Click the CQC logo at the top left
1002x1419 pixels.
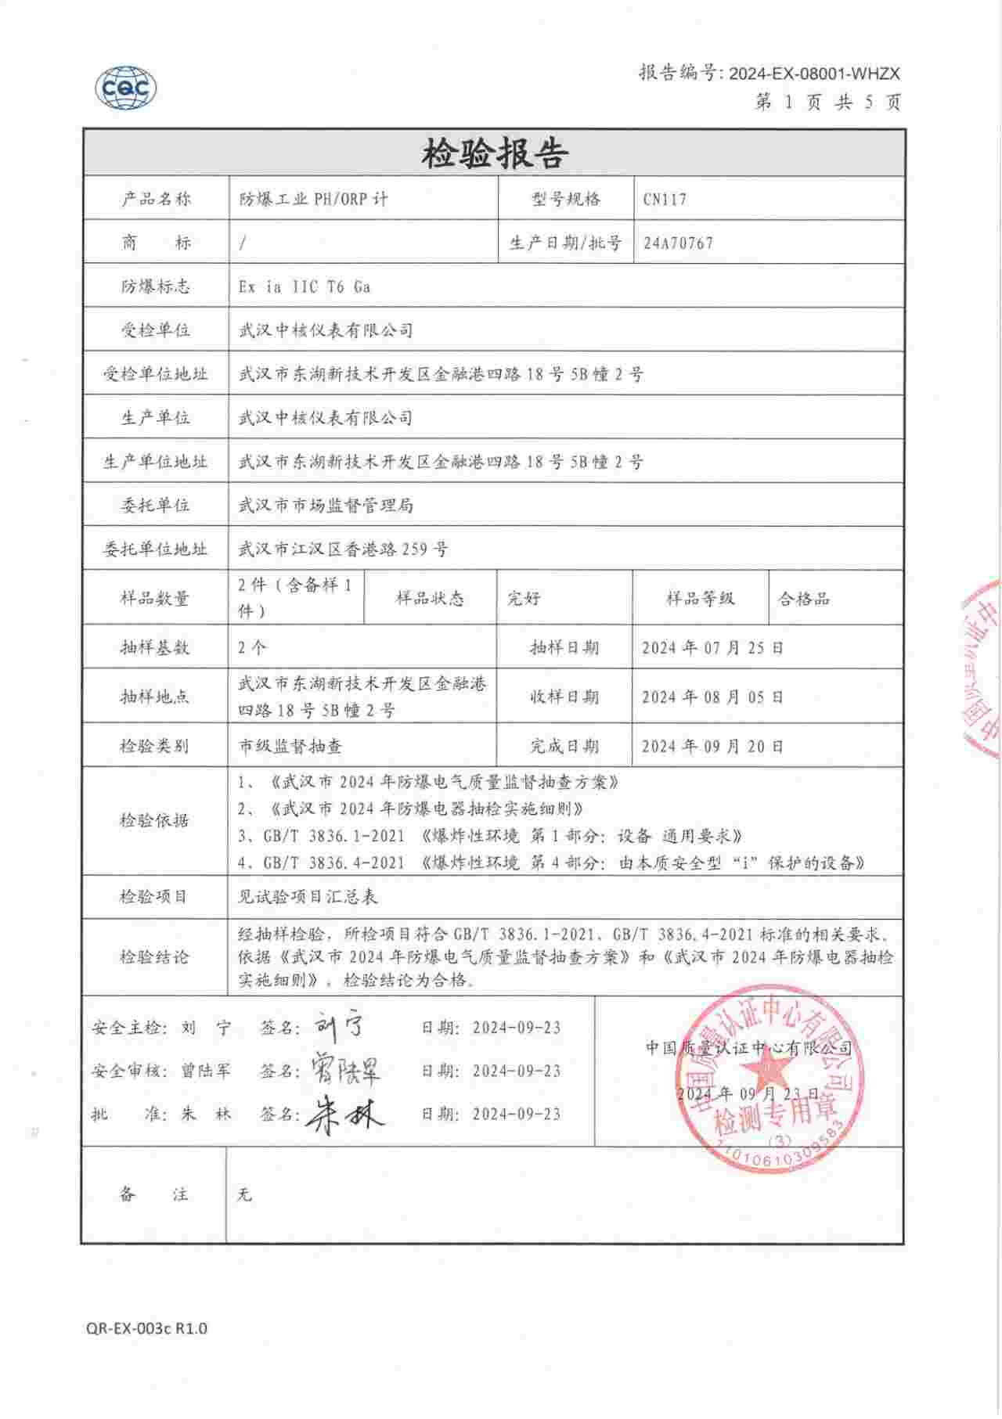pos(126,88)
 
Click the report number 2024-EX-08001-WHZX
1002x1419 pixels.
pos(814,74)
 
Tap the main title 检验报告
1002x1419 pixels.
pos(494,153)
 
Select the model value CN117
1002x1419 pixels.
pos(665,199)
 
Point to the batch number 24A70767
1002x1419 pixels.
pos(678,243)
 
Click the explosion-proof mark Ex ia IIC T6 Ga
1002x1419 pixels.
pos(305,286)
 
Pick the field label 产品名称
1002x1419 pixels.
pos(155,199)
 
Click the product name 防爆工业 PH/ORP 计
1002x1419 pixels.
pos(313,199)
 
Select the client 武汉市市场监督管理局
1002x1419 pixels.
pos(326,506)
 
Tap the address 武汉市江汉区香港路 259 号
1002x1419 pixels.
pos(343,549)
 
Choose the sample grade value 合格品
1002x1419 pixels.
pos(804,600)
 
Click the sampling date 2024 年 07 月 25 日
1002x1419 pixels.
pos(712,648)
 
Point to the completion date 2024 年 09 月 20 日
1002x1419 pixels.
pos(712,747)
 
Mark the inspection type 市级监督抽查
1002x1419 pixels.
pos(290,747)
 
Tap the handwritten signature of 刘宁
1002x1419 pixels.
pos(339,1026)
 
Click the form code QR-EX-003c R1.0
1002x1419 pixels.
pos(147,1328)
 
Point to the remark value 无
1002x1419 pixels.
pos(245,1195)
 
